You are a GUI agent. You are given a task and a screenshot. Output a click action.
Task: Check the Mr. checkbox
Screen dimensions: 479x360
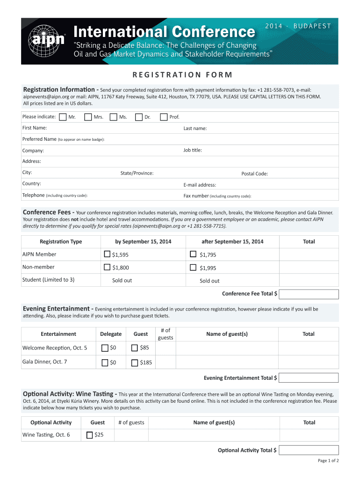tap(63, 117)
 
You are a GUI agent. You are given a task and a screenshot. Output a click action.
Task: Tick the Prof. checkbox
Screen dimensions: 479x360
tap(164, 117)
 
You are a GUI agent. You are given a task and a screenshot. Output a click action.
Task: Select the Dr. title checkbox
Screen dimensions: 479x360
tap(138, 117)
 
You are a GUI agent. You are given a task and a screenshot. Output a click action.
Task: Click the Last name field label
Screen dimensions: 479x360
tap(195, 129)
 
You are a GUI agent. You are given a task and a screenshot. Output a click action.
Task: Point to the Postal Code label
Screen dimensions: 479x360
tap(254, 174)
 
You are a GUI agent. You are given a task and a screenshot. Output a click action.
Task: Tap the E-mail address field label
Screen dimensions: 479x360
tap(200, 185)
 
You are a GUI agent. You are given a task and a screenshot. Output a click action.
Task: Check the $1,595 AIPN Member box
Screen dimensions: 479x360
tap(107, 254)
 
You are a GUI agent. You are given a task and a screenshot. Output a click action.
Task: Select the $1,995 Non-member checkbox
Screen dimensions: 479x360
tap(193, 268)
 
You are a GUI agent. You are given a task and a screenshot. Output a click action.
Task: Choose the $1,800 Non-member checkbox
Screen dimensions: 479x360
tap(107, 268)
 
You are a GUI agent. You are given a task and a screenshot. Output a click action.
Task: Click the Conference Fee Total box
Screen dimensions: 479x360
tap(309, 294)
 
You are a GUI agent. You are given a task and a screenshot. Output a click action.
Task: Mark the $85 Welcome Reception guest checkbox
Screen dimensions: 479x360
tap(135, 348)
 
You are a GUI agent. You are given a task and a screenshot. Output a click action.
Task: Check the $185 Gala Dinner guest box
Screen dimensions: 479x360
tap(135, 363)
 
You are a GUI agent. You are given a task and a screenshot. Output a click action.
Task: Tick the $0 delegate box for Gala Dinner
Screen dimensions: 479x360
tap(105, 363)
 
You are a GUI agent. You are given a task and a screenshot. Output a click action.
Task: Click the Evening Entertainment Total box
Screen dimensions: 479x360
tap(309, 377)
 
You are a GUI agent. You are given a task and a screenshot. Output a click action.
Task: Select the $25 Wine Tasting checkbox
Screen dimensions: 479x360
tap(90, 435)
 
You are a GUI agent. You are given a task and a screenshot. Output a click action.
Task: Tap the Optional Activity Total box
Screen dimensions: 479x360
tap(309, 450)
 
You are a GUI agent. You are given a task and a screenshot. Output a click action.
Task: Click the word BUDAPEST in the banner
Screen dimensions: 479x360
tap(312, 26)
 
